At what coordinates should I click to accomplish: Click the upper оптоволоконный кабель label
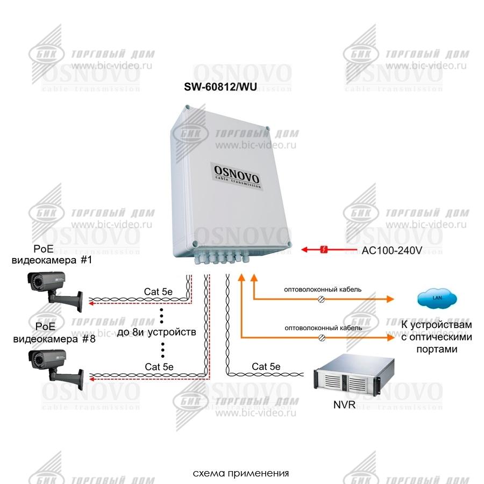click(323, 289)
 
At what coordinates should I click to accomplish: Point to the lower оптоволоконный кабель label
click(323, 328)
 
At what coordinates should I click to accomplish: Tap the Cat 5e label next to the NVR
click(266, 367)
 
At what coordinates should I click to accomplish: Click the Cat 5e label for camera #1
click(159, 291)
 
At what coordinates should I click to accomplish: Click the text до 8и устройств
click(156, 332)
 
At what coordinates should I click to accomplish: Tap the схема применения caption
click(241, 474)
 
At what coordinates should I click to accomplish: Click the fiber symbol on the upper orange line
click(322, 298)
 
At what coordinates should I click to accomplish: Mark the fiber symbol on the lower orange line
click(322, 337)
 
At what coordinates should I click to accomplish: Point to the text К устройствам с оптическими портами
click(437, 337)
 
